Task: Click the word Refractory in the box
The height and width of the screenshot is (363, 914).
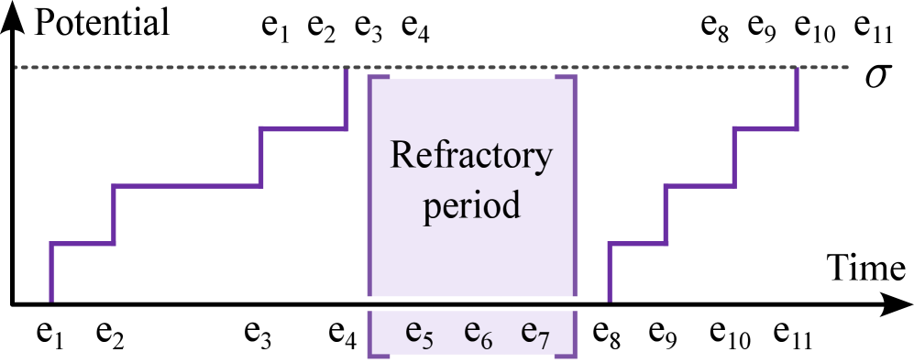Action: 471,156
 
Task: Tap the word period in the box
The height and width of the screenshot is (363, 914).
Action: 471,204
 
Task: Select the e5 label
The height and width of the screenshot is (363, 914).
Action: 420,333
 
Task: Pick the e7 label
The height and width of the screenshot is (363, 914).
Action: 535,333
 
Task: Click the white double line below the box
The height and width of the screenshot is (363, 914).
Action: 472,303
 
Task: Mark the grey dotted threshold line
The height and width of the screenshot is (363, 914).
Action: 183,67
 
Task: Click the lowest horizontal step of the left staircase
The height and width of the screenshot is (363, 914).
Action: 83,245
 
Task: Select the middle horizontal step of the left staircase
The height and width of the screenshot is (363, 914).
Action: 187,186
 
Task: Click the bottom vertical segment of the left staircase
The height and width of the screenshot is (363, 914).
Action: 51,273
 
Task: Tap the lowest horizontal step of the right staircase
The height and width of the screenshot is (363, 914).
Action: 638,245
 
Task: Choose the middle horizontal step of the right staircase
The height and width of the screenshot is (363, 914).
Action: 700,186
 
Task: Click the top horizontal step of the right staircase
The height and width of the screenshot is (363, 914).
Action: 766,129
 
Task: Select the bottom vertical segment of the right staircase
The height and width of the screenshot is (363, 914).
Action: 610,273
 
